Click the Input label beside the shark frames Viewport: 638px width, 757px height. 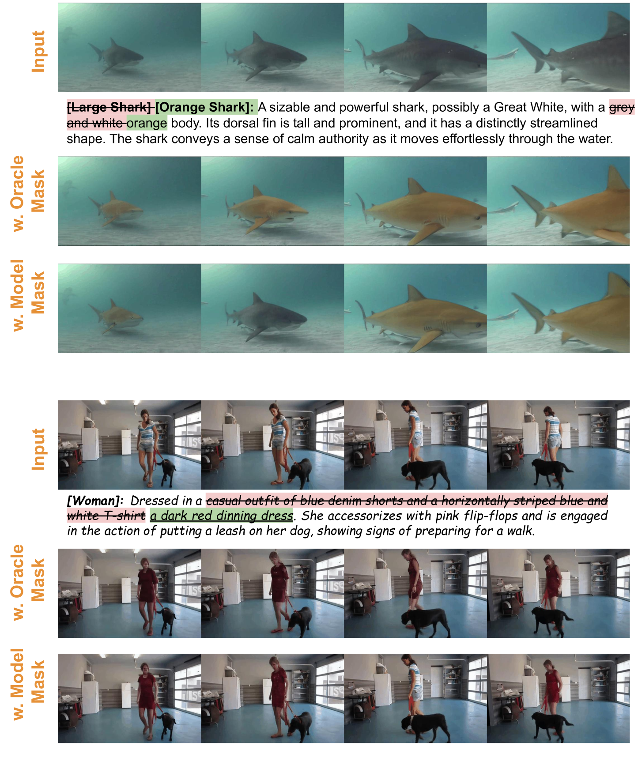click(x=39, y=51)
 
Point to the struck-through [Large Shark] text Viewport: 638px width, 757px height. click(x=109, y=107)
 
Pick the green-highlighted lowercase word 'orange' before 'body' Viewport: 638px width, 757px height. click(x=147, y=124)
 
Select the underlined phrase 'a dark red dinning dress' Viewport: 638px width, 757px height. click(x=222, y=516)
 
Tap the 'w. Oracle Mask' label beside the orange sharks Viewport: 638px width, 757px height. click(x=28, y=193)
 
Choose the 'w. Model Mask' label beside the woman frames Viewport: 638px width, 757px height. click(x=28, y=685)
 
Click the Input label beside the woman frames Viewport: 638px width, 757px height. click(x=39, y=449)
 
